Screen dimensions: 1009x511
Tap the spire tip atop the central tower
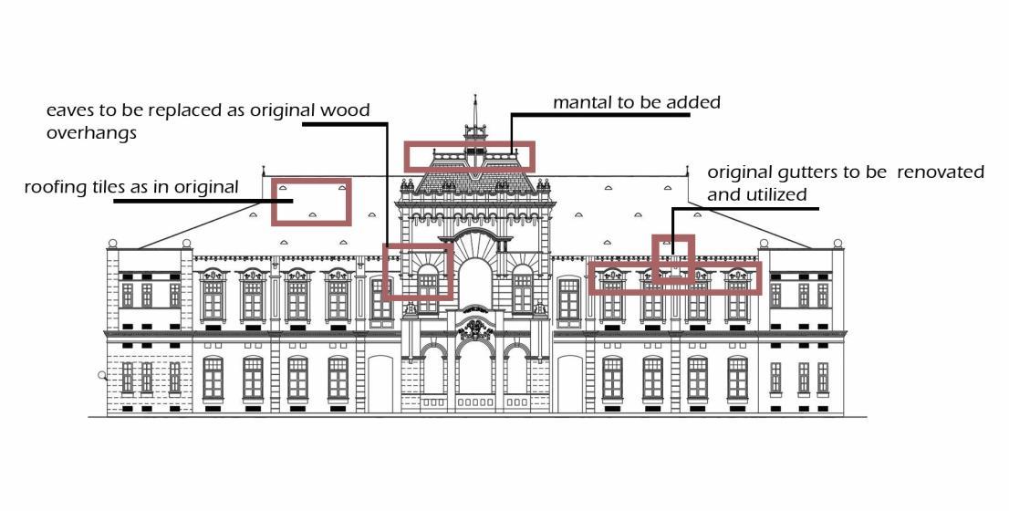click(474, 97)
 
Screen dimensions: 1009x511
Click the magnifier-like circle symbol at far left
click(102, 375)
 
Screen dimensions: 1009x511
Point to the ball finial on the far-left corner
click(113, 244)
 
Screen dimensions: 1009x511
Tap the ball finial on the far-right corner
click(836, 244)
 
